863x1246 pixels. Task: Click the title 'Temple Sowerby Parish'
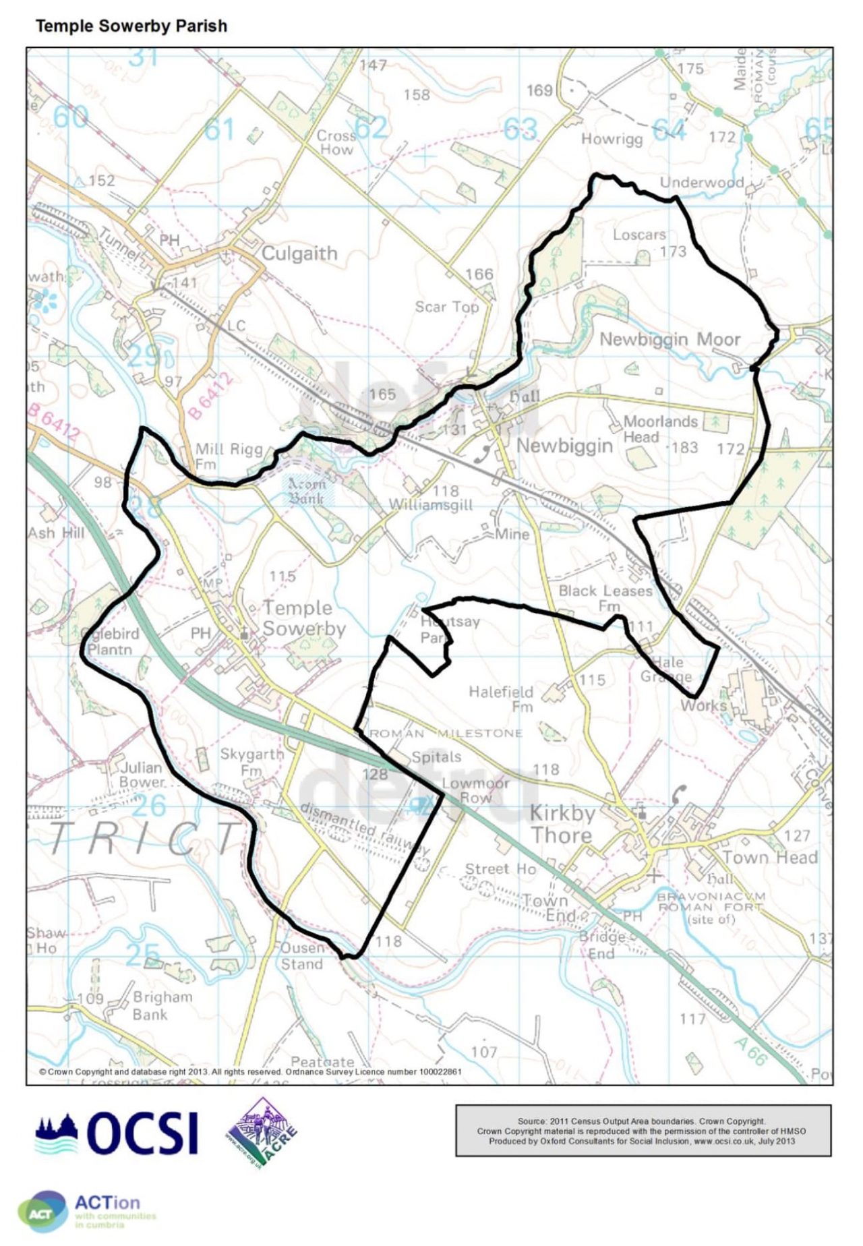[131, 26]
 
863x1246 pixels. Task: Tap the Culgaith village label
[299, 254]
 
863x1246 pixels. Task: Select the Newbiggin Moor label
[669, 339]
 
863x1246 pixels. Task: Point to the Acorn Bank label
[307, 491]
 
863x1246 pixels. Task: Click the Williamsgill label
[431, 505]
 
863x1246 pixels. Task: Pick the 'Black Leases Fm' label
[605, 597]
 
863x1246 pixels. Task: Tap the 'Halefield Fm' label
[501, 699]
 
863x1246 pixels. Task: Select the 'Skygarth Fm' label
[251, 761]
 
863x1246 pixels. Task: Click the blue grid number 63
[520, 129]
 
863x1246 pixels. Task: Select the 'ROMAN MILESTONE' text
[446, 734]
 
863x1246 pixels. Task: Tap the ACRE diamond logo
[262, 1133]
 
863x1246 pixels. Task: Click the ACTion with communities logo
[88, 1211]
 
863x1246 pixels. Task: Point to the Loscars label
[638, 235]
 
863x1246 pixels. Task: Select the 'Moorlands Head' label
[651, 429]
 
